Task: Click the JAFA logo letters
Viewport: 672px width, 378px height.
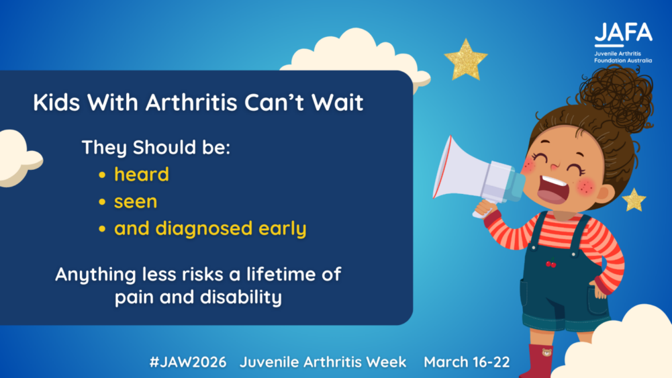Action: (x=624, y=32)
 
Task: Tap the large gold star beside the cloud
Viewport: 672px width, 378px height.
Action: (x=465, y=60)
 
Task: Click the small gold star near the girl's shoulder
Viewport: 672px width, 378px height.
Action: (x=634, y=200)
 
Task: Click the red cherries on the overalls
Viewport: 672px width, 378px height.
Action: (x=551, y=263)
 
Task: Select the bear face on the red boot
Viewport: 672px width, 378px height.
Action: (x=547, y=352)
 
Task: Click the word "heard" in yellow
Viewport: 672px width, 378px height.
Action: (x=142, y=175)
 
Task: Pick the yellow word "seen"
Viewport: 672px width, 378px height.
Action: (x=136, y=202)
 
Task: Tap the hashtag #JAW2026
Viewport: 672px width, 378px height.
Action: (x=188, y=362)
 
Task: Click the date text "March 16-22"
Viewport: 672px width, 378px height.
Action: (x=467, y=362)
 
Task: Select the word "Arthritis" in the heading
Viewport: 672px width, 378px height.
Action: (x=191, y=103)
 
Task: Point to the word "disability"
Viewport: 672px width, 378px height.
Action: (x=241, y=297)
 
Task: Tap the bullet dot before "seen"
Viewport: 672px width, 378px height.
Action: (x=102, y=202)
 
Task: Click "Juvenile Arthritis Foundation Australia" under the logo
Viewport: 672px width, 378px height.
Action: (x=623, y=57)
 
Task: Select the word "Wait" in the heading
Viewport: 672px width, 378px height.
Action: (x=338, y=103)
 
